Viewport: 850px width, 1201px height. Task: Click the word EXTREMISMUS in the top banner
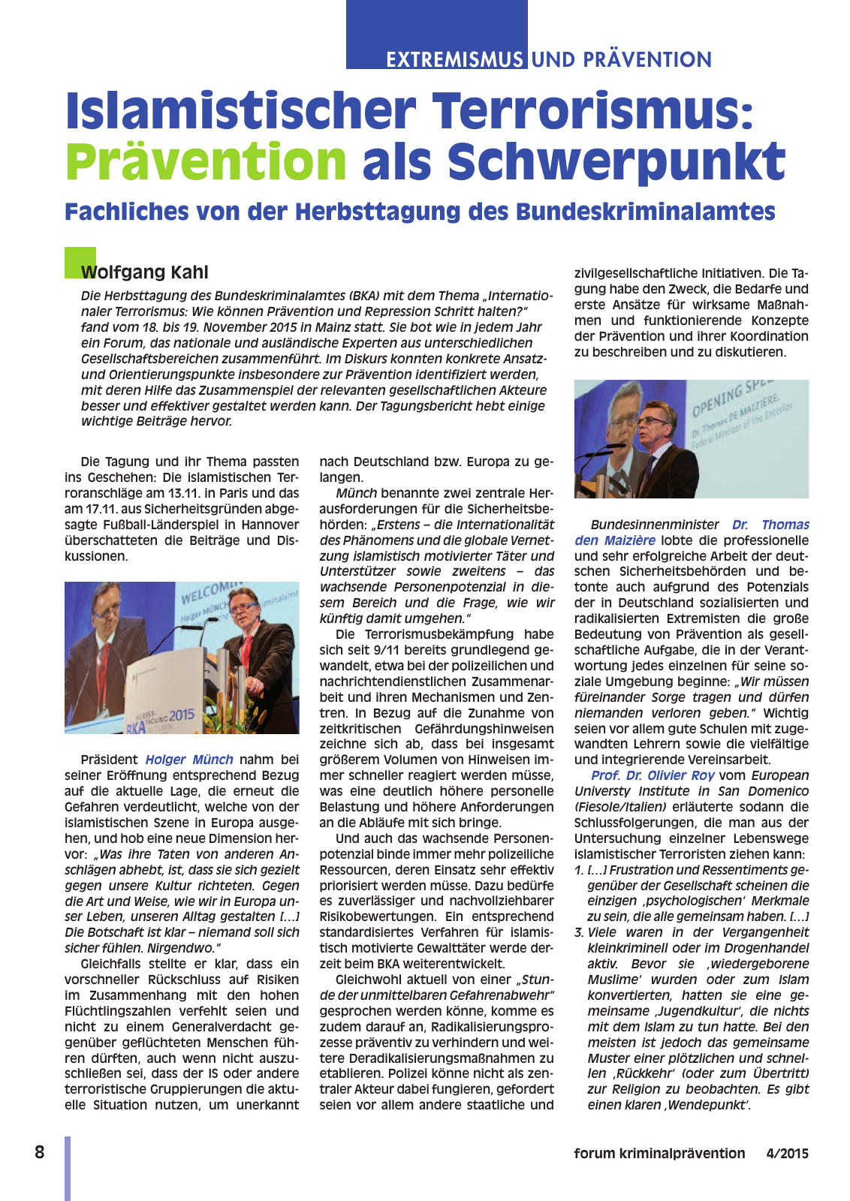(455, 59)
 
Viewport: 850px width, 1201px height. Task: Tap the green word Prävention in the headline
(206, 161)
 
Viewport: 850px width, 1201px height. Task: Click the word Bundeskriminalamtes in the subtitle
(646, 212)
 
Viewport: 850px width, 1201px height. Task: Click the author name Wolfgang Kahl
(145, 272)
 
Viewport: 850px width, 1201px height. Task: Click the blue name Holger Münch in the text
(189, 760)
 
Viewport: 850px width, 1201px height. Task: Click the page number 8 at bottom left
(40, 1152)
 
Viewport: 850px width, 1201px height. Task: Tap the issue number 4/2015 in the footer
(788, 1154)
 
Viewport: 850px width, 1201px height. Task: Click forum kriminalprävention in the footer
(659, 1154)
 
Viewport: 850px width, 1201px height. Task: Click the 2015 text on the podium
(182, 715)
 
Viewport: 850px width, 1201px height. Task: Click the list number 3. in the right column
(579, 932)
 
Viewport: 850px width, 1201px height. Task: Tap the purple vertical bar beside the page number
(68, 1167)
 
